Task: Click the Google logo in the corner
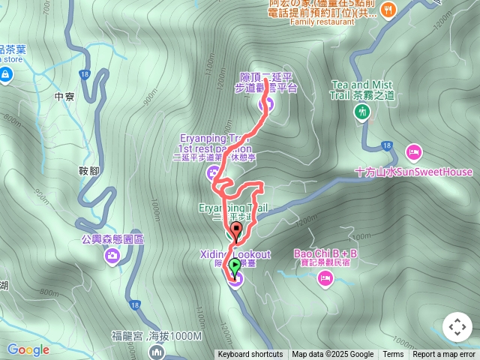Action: tap(28, 349)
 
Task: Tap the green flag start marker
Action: tap(235, 264)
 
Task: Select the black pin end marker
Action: tap(237, 230)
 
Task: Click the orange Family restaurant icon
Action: tap(388, 9)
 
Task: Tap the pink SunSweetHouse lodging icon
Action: tap(413, 152)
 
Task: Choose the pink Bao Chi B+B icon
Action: tap(325, 279)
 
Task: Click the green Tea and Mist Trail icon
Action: tap(362, 112)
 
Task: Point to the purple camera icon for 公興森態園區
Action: tap(112, 256)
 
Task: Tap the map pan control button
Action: tap(457, 327)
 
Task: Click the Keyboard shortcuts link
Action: tap(250, 355)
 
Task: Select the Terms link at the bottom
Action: tap(393, 355)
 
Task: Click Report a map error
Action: tap(444, 355)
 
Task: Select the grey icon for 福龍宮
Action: tap(157, 351)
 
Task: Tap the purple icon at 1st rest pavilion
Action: tap(212, 173)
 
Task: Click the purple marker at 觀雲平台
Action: tap(271, 104)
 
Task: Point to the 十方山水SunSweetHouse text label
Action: tap(414, 172)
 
